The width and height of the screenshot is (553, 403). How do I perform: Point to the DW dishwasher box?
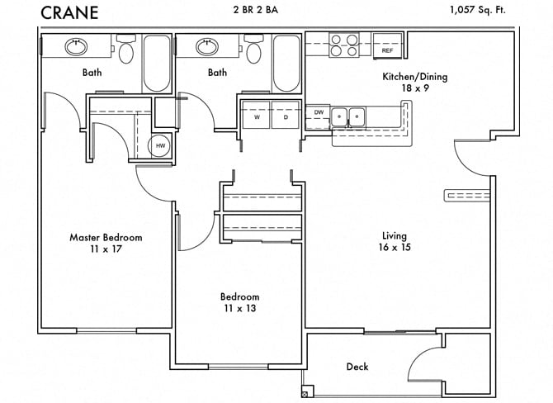click(319, 112)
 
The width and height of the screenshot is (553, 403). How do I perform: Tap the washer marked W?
click(257, 116)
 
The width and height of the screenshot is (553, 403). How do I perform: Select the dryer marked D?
click(286, 116)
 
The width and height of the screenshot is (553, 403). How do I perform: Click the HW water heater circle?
click(161, 145)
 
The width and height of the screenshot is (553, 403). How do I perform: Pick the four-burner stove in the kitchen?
click(343, 45)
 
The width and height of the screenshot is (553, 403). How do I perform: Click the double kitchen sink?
click(347, 117)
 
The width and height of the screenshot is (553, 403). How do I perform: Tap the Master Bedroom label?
click(106, 237)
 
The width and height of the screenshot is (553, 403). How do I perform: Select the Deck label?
click(357, 367)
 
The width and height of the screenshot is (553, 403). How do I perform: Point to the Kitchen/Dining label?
click(414, 77)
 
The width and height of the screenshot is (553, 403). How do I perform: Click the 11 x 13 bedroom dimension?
click(239, 309)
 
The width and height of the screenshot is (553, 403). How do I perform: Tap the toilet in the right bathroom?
click(253, 50)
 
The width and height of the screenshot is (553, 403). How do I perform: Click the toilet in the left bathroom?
click(125, 50)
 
